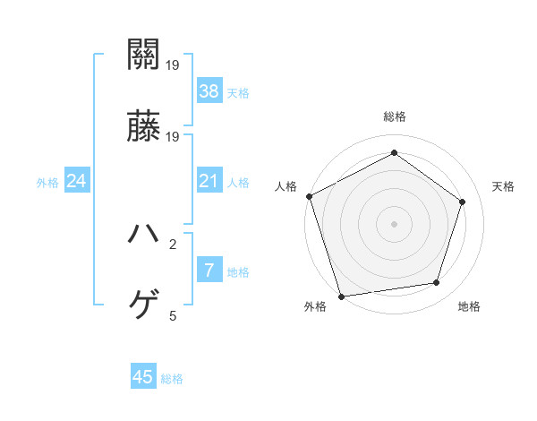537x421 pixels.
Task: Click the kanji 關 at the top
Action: click(144, 56)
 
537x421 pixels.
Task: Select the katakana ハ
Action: click(144, 236)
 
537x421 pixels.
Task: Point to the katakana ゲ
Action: click(144, 306)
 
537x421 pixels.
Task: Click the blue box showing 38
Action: click(209, 90)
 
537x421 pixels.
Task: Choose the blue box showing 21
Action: click(209, 181)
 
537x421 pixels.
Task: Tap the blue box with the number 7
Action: click(209, 270)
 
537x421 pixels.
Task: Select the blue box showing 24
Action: click(77, 181)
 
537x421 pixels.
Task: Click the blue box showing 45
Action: click(143, 377)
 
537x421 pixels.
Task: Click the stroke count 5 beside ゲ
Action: click(173, 316)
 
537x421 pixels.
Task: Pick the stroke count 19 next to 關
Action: click(173, 65)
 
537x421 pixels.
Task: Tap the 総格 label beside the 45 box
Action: click(172, 379)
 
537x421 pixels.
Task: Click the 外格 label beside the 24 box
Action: click(47, 183)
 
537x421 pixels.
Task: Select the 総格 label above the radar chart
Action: click(395, 116)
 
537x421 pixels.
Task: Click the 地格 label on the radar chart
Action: click(469, 307)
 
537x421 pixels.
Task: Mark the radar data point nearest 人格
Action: click(309, 196)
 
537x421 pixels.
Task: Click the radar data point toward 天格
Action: click(463, 202)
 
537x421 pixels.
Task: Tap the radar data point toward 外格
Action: click(341, 296)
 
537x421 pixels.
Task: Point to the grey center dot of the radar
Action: click(395, 223)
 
